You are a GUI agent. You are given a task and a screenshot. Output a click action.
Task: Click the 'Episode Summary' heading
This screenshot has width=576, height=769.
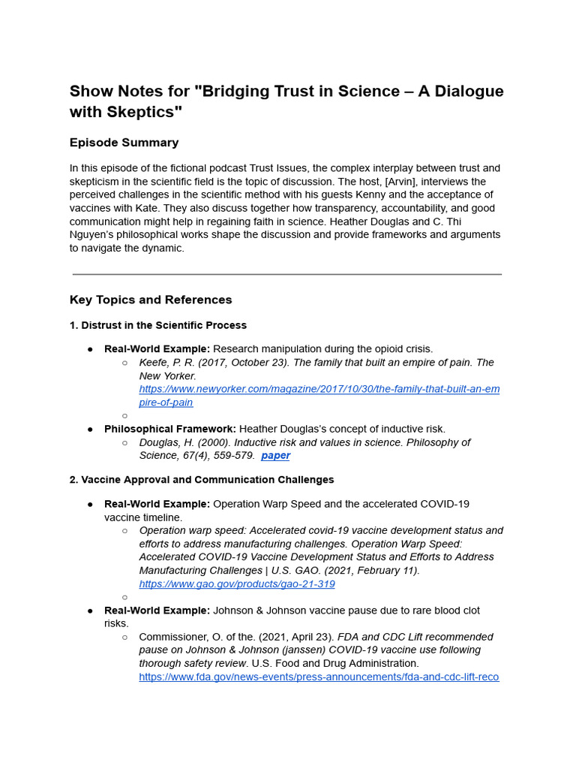(124, 143)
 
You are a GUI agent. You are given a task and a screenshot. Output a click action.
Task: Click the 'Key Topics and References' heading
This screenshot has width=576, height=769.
(151, 300)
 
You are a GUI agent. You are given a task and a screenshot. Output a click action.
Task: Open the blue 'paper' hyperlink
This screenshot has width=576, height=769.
(275, 456)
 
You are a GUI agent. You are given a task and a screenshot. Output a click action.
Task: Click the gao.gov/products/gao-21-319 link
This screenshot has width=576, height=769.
(237, 584)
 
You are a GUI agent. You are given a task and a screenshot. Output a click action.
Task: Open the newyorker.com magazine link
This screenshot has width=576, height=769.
(319, 389)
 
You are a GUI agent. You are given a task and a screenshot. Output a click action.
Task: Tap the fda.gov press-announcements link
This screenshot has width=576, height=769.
(319, 677)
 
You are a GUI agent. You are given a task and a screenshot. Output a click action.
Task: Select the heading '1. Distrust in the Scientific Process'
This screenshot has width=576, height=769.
(158, 325)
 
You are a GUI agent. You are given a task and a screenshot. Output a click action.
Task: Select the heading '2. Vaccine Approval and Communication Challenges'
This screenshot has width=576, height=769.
(202, 480)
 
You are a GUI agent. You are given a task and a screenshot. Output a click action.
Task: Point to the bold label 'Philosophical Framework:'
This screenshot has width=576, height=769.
(170, 429)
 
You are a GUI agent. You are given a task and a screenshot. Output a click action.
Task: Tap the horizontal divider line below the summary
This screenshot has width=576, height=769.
(287, 275)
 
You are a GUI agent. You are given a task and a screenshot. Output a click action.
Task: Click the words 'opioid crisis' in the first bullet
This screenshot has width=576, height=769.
(401, 349)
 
